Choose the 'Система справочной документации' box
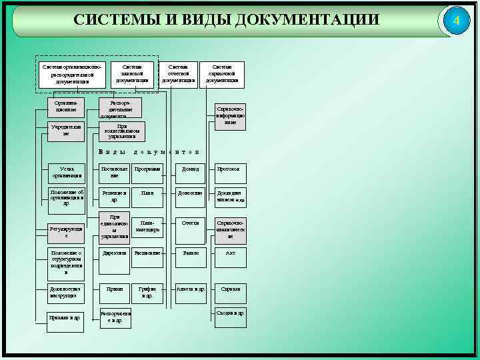pos(222,75)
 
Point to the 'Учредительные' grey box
pos(67,131)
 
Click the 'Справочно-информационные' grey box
pos(230,115)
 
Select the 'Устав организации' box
pos(67,173)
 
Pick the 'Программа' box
pos(147,170)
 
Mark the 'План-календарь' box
pos(147,226)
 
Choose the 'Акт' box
pos(230,254)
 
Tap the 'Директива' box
pos(113,254)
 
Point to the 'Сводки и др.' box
pos(230,313)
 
